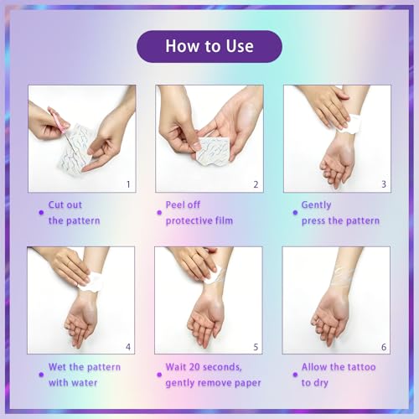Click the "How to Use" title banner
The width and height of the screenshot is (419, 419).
click(209, 46)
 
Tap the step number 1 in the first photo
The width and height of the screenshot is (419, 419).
click(128, 184)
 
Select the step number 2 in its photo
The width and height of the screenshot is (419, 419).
click(256, 184)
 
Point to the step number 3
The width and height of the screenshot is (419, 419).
click(384, 184)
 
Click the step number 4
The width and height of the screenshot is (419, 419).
click(128, 347)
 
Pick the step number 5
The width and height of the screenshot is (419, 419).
click(256, 347)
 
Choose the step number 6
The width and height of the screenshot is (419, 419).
click(384, 347)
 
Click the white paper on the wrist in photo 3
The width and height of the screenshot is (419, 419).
click(349, 124)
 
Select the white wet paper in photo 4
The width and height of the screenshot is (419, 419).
click(91, 282)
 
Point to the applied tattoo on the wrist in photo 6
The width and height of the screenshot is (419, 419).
click(344, 277)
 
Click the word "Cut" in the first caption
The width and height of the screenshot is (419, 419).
click(55, 204)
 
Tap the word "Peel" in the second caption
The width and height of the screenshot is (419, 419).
click(174, 204)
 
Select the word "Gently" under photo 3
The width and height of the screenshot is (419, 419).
click(316, 205)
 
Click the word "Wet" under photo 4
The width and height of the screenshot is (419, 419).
click(57, 367)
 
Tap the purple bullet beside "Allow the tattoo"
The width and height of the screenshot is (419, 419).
click(295, 375)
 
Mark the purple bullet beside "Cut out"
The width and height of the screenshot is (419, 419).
click(41, 213)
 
